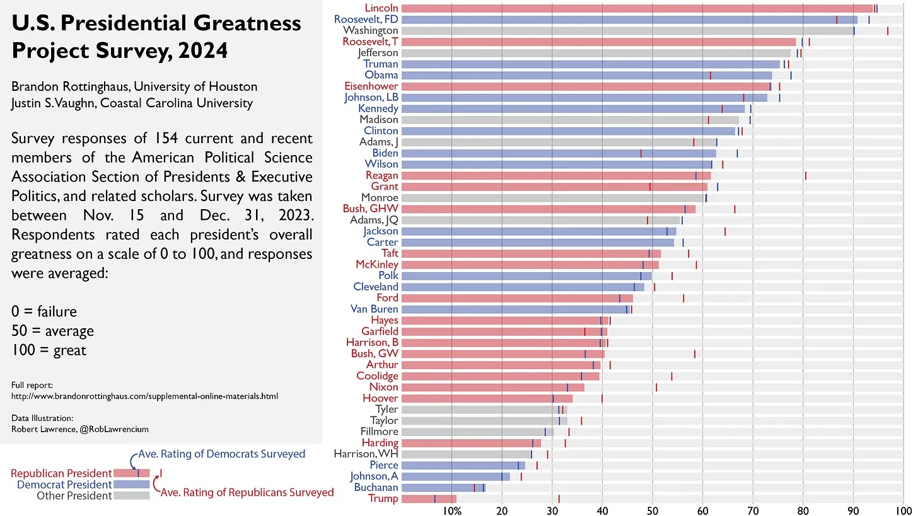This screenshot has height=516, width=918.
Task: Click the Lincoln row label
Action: point(381,8)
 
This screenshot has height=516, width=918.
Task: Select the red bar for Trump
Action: point(429,499)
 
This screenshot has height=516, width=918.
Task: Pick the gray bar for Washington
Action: point(627,30)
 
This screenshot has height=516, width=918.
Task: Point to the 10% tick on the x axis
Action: point(452,509)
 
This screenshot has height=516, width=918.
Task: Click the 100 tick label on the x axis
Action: point(903,509)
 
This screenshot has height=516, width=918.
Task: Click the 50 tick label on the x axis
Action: point(653,509)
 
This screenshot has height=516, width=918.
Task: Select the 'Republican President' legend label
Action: point(61,473)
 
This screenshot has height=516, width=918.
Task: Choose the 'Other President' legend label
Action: point(74,495)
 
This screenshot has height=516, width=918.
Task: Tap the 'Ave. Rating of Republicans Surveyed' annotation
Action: point(247,492)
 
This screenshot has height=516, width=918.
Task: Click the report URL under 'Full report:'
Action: point(144,396)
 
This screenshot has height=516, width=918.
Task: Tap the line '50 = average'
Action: point(52,331)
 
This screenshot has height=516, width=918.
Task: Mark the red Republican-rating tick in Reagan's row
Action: point(806,175)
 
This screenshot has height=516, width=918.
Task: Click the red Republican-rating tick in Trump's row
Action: point(559,499)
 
